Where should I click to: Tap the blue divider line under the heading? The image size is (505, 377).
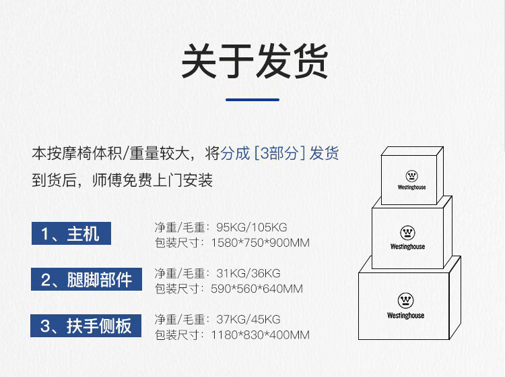tap(252, 100)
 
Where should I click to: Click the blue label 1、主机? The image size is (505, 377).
tap(70, 233)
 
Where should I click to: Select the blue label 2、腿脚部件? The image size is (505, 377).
tap(86, 279)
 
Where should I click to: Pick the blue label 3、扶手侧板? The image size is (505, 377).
tap(86, 326)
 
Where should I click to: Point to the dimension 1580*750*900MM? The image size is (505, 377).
tap(261, 242)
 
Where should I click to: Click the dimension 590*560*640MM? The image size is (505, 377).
tap(257, 289)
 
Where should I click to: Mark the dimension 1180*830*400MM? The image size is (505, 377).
tap(261, 335)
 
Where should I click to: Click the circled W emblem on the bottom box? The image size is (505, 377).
tap(405, 300)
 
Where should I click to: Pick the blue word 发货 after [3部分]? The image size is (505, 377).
tap(325, 153)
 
